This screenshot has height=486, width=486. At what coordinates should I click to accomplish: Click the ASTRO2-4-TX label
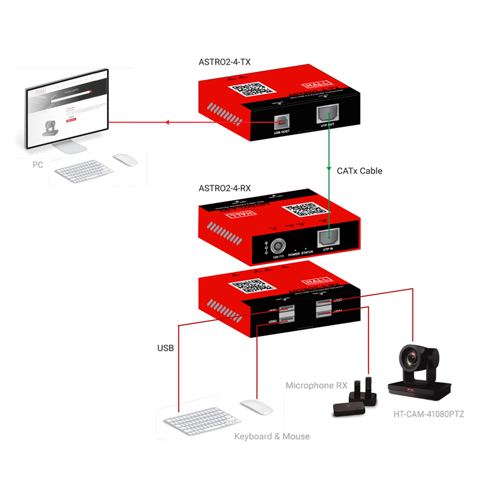224,62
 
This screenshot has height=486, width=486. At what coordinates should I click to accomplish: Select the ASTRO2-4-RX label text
224,188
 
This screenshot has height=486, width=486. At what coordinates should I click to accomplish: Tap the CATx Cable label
359,171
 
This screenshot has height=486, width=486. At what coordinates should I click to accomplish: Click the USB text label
166,348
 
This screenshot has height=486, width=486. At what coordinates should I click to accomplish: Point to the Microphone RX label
316,385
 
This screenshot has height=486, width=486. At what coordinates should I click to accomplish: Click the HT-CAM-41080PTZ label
428,414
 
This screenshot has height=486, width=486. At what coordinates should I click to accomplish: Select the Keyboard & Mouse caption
272,436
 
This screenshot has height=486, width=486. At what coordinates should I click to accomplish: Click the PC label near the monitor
38,165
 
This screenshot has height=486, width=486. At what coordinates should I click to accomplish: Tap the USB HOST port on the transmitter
281,122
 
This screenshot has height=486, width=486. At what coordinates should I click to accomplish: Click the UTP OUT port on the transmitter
328,114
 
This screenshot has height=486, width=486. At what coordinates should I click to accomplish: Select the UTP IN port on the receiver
328,237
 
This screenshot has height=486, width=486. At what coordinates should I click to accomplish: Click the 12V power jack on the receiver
278,246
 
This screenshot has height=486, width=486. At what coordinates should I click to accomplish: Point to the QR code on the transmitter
251,89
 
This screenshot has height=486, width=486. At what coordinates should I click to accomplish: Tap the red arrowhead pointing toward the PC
167,122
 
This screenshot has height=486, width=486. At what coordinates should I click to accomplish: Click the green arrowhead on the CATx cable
329,169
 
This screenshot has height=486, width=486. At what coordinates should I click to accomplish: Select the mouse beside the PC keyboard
125,160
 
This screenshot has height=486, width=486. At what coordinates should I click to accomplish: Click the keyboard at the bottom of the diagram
201,421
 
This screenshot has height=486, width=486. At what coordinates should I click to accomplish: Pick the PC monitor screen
67,110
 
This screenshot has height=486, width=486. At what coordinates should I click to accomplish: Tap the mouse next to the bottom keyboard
257,407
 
